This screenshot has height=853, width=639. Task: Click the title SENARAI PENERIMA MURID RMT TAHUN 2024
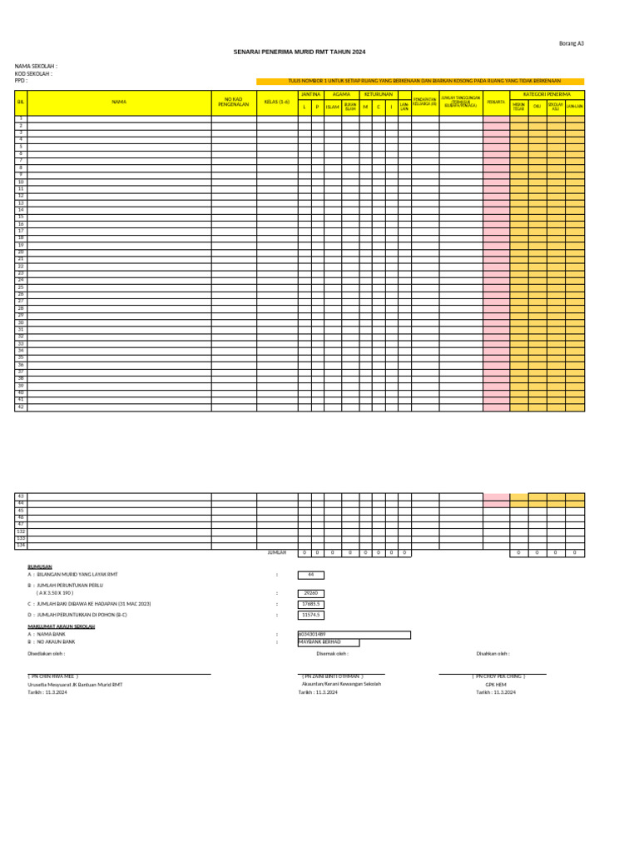pos(300,52)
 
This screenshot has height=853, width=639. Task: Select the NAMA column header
pos(119,102)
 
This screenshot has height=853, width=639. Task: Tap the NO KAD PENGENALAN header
pos(233,102)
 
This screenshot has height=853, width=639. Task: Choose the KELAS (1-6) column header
pos(277,102)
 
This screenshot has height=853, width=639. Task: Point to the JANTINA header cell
pos(310,95)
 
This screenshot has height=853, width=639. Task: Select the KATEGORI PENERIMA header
pos(547,95)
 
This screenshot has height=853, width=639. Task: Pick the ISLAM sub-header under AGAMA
pos(332,107)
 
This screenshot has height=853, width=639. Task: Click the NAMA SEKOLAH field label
pos(36,66)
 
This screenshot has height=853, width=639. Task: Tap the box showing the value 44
pos(310,575)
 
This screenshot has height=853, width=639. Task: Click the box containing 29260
pos(310,593)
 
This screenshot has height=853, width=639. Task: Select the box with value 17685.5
pos(311,604)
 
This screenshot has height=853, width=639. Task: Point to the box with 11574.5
pos(311,615)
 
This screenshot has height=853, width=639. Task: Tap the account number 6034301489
pos(313,635)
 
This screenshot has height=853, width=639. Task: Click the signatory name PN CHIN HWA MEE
pos(53,676)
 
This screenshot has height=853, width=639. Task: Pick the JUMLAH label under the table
pos(277,552)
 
